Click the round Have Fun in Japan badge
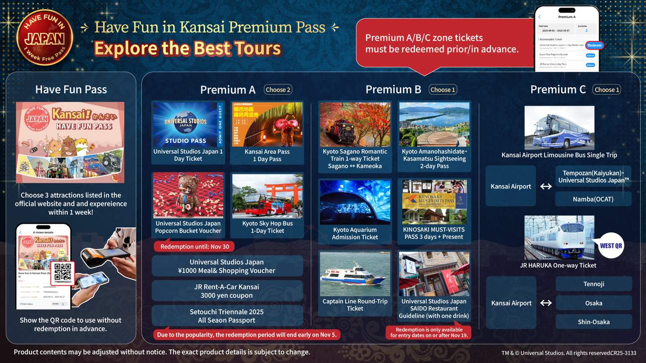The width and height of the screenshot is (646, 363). [44, 37]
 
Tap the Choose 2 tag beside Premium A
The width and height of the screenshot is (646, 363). [278, 90]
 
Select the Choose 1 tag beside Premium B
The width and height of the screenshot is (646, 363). [442, 90]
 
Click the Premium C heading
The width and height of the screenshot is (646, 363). [558, 90]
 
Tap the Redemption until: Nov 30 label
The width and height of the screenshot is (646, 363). [194, 247]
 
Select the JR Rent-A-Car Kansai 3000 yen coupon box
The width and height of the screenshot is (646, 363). [227, 291]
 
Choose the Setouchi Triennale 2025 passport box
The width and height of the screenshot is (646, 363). [227, 316]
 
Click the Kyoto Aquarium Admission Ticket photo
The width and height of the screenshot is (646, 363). [355, 202]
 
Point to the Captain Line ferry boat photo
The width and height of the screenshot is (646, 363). [355, 274]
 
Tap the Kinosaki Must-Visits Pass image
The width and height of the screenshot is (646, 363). [434, 202]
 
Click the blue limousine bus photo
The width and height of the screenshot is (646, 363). [559, 127]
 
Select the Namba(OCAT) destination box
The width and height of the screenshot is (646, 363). [593, 199]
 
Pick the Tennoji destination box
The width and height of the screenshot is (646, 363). [594, 284]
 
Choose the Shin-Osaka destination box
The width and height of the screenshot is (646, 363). [594, 322]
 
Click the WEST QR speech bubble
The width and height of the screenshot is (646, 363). [611, 245]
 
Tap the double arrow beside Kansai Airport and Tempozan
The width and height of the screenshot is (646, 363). [546, 186]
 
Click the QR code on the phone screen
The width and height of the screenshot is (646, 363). [63, 272]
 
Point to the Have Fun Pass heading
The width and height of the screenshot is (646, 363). [71, 90]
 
